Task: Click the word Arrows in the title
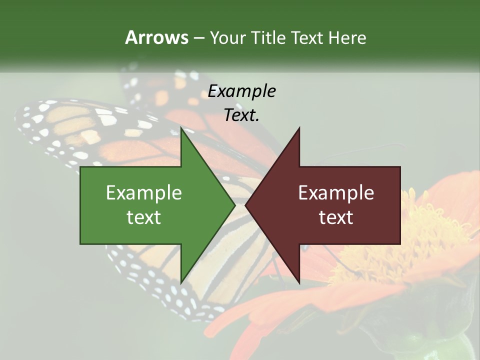click(156, 37)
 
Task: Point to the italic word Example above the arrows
click(242, 91)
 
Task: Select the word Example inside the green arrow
click(144, 193)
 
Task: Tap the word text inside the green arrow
click(144, 217)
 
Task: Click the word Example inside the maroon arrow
click(336, 193)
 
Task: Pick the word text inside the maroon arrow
click(336, 217)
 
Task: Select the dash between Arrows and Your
click(198, 38)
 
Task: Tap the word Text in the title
click(307, 37)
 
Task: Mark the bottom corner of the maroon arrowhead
click(299, 282)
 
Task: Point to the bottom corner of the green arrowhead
click(181, 282)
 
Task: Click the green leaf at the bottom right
click(440, 347)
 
